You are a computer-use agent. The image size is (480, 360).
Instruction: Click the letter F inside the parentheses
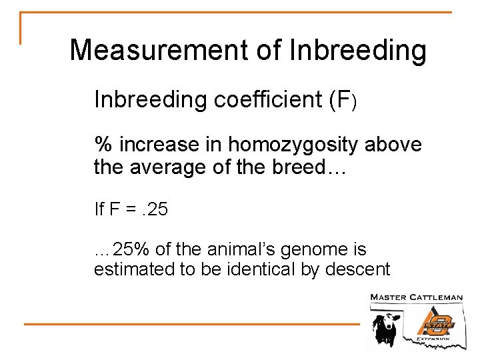343,100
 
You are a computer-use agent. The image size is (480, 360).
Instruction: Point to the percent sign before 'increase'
103,144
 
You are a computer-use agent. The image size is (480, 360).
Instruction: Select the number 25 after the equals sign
159,210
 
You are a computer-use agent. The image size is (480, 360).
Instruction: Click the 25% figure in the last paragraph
131,250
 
